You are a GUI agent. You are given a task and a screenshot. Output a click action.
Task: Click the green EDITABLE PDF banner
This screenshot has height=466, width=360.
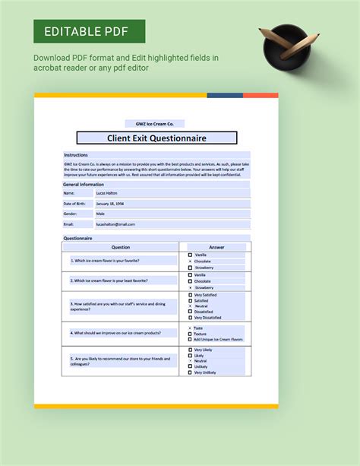click(89, 32)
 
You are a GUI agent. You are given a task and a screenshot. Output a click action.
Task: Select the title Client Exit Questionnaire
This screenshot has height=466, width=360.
click(156, 138)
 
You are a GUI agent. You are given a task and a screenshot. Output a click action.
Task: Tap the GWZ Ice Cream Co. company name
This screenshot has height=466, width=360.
click(154, 123)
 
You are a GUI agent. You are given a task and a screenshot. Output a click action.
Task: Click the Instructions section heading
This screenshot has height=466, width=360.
click(76, 154)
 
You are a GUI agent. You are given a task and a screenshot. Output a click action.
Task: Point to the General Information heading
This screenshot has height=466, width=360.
click(84, 184)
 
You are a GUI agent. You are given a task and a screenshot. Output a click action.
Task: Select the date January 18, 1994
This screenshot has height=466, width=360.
click(111, 204)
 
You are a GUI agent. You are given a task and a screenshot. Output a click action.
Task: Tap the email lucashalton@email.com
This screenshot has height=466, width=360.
click(115, 224)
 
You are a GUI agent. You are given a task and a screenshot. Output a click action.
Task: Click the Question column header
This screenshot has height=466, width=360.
click(121, 247)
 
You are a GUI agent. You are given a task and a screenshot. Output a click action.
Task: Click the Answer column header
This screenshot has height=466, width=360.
click(216, 247)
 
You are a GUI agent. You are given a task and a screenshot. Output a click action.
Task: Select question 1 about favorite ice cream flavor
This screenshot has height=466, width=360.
click(105, 260)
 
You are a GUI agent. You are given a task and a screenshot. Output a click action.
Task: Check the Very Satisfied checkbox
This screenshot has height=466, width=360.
click(190, 295)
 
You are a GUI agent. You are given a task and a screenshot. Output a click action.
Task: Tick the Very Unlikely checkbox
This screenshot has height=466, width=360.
click(190, 372)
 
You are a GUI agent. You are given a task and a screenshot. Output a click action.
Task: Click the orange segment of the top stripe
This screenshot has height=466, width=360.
click(261, 96)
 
